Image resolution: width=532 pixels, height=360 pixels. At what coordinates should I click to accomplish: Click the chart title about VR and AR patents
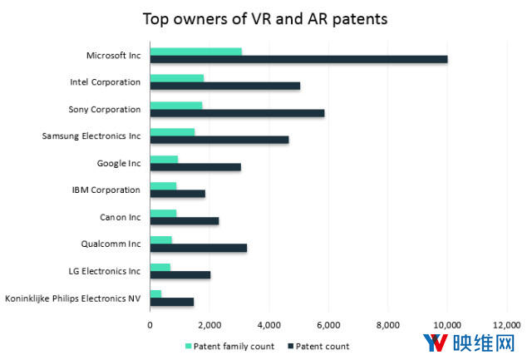[x=265, y=17]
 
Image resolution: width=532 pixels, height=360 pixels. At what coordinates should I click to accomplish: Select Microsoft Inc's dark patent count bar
[x=298, y=59]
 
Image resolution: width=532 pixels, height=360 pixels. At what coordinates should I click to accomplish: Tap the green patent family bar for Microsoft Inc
[x=195, y=52]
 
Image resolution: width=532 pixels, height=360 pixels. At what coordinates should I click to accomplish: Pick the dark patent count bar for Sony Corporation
[x=237, y=113]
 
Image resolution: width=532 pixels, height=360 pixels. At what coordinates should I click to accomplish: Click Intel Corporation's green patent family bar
[x=176, y=78]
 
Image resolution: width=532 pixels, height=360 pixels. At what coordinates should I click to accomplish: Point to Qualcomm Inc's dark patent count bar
[x=198, y=248]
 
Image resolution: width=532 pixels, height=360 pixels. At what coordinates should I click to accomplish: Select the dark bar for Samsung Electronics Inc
[x=219, y=140]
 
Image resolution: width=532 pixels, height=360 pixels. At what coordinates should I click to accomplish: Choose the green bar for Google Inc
[x=164, y=159]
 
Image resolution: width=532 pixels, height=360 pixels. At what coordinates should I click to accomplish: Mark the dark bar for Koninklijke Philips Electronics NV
[x=171, y=302]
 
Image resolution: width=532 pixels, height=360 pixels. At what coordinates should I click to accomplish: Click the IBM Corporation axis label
[x=106, y=190]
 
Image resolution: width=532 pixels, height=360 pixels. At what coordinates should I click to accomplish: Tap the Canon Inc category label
[x=120, y=216]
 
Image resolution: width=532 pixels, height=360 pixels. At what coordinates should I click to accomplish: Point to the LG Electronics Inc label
[x=103, y=270]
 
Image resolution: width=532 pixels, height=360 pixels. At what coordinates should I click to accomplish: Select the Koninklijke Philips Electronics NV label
[x=73, y=298]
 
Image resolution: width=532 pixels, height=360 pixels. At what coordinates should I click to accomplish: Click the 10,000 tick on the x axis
[x=447, y=325]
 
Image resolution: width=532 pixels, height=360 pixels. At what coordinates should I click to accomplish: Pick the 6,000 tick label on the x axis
[x=328, y=325]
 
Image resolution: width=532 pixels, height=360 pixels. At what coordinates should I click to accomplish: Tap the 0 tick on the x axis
[x=150, y=325]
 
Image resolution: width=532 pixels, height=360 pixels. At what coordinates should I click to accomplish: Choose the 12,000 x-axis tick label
[x=506, y=325]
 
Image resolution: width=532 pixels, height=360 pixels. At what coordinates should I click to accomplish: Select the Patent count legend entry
[x=321, y=346]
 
